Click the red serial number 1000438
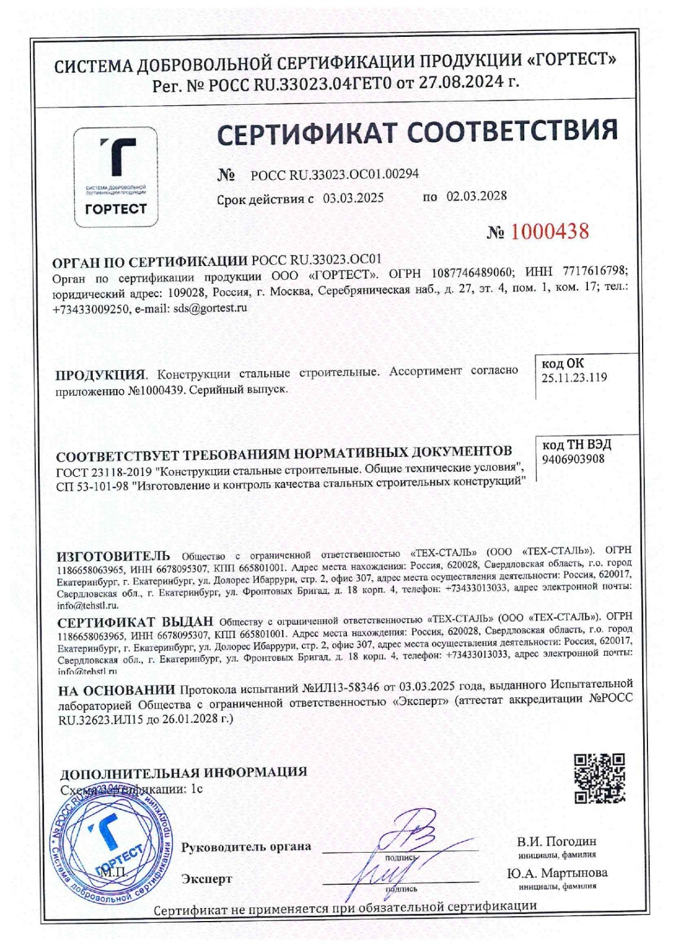548,231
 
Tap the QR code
600,778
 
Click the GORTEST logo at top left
115,177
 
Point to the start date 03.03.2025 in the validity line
353,198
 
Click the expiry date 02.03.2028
477,196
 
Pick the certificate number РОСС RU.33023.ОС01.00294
334,174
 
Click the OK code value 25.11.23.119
574,377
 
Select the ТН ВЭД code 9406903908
573,459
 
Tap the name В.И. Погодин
556,841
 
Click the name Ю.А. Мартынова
557,873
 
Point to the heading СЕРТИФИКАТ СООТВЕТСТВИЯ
417,132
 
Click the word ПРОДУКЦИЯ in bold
100,375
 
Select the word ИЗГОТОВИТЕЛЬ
113,557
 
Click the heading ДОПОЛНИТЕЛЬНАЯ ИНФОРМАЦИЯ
184,773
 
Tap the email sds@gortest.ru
209,308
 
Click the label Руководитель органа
246,847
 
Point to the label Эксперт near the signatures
207,879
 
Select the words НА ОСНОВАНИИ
117,690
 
